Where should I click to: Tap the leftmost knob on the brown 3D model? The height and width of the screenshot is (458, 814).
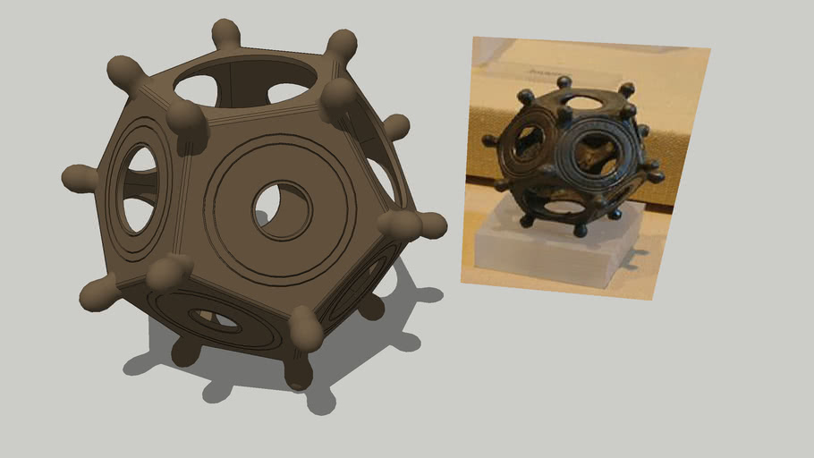pos(79,179)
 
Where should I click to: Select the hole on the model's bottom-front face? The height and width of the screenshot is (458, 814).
pos(215,318)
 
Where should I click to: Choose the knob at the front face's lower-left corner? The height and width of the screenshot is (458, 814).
pos(169,270)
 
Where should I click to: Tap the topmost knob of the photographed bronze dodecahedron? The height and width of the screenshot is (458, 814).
pos(564,83)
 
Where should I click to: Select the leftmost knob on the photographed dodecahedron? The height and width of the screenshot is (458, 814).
pos(489,140)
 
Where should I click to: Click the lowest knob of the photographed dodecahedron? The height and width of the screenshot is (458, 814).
pos(579,231)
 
